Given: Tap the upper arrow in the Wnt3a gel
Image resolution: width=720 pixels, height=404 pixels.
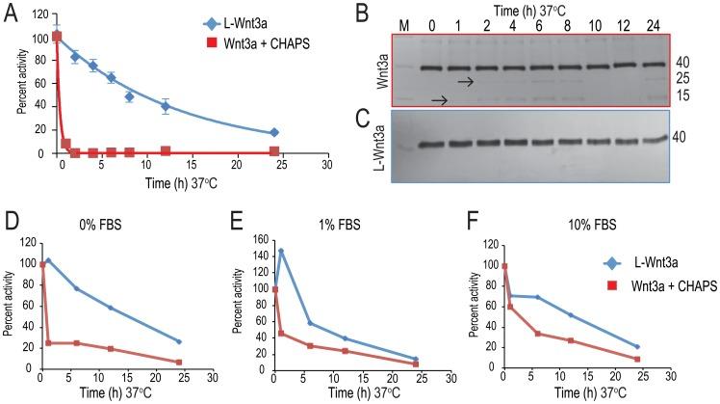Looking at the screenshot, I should pos(464,83).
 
